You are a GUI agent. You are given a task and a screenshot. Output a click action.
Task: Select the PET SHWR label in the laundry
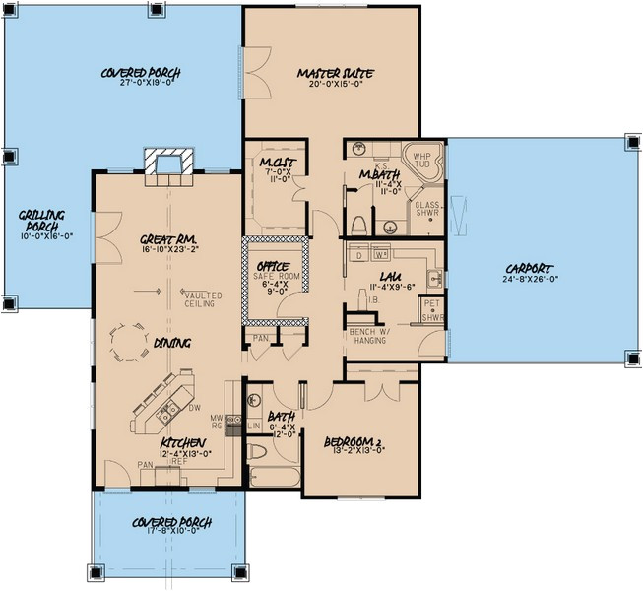[x=432, y=311]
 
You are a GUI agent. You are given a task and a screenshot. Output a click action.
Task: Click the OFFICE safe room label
[x=272, y=267]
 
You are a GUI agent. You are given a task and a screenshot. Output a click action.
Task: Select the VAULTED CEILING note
[x=202, y=299]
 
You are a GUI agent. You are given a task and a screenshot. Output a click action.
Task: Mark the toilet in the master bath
[x=360, y=219]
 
